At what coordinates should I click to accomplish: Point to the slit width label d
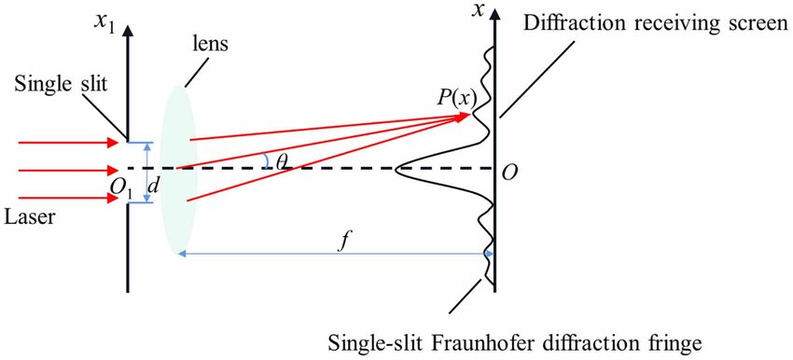click(x=155, y=185)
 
